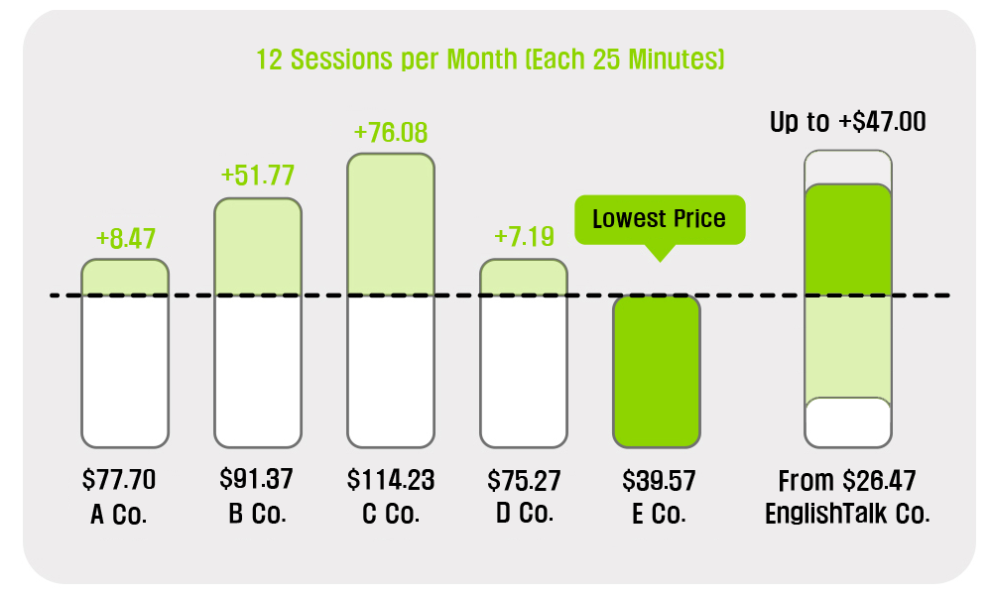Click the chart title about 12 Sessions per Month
click(x=490, y=59)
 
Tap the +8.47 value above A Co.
click(x=125, y=238)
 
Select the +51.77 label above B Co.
click(x=258, y=176)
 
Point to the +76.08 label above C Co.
click(x=390, y=132)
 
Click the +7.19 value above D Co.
click(x=524, y=236)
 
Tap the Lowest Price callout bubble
click(x=660, y=219)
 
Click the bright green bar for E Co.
click(x=657, y=371)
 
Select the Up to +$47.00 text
click(x=848, y=121)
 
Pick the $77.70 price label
click(x=119, y=479)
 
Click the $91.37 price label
click(x=256, y=479)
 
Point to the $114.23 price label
click(x=391, y=480)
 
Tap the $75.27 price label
click(x=524, y=481)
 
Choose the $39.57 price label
click(x=659, y=481)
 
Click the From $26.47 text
click(x=847, y=481)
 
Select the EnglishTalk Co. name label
click(x=848, y=514)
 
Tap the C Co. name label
click(x=391, y=514)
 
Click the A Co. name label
click(x=119, y=514)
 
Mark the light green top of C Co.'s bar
click(x=391, y=224)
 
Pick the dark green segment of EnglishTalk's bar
click(x=848, y=240)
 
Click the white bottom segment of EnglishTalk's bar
click(x=848, y=422)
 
